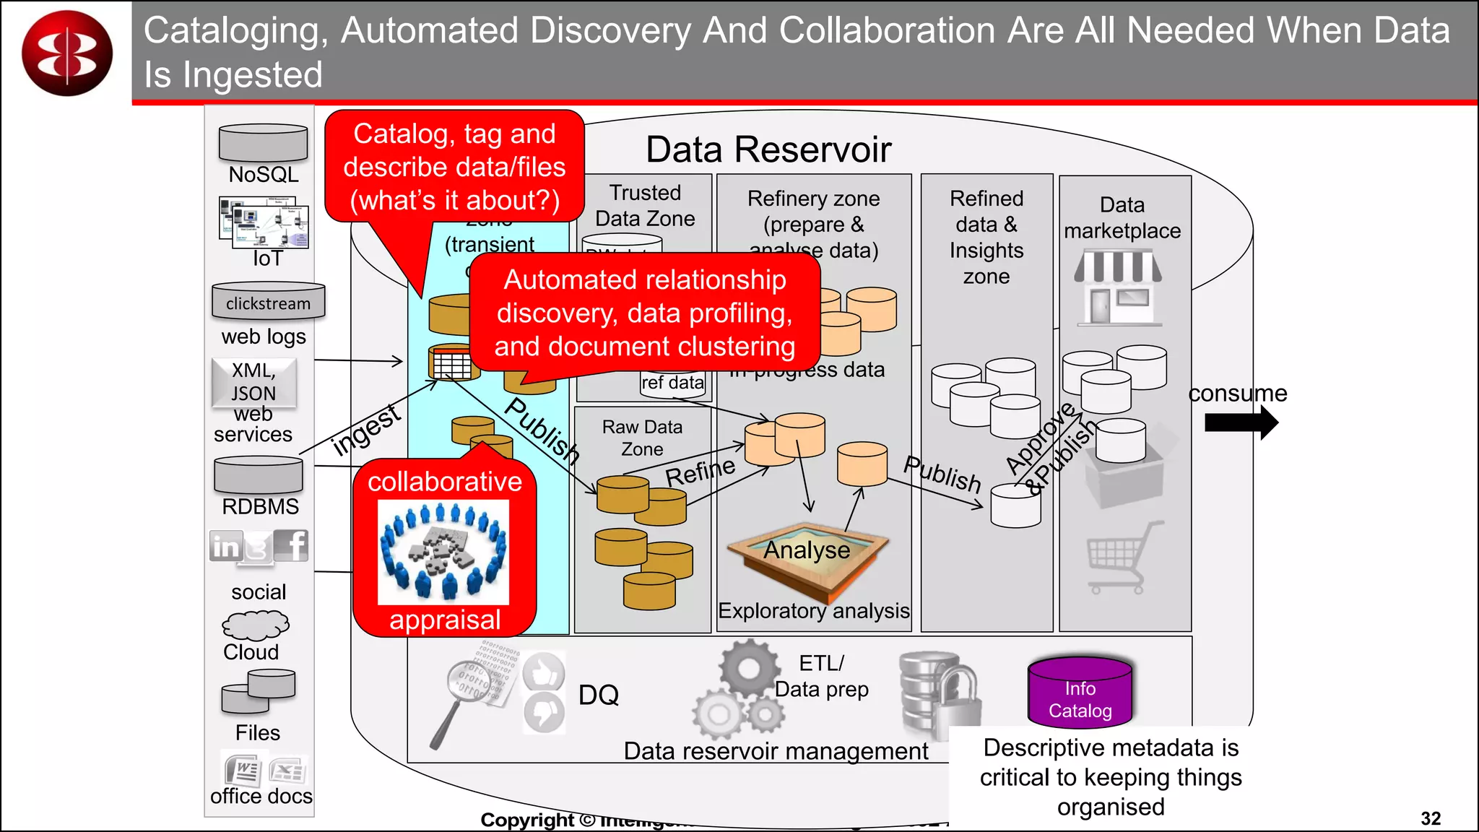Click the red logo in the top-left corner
click(x=67, y=53)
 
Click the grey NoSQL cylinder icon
click(x=263, y=143)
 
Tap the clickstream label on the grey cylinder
click(x=268, y=303)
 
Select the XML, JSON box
click(x=253, y=382)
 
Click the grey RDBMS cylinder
click(x=259, y=476)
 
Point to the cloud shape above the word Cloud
click(x=255, y=625)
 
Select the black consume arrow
click(x=1241, y=422)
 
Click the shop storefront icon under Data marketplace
click(x=1118, y=287)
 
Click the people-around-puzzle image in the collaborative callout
click(x=443, y=552)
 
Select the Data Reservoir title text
click(x=768, y=149)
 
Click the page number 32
click(x=1430, y=818)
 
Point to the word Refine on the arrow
click(x=700, y=472)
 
